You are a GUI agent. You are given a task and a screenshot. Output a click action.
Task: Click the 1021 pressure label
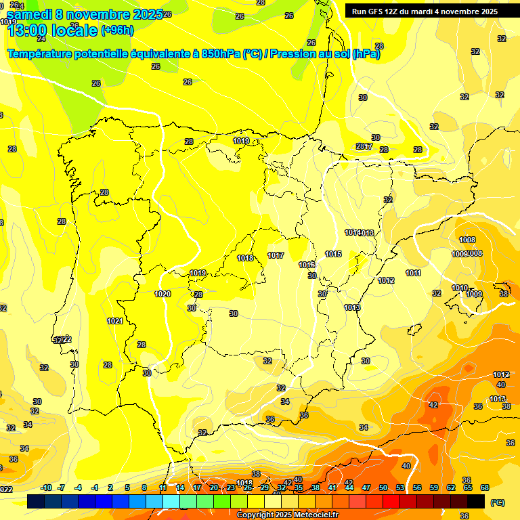click(x=114, y=321)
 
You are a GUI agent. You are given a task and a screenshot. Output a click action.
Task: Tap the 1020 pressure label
click(x=162, y=294)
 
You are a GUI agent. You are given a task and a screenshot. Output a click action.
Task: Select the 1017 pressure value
click(x=276, y=255)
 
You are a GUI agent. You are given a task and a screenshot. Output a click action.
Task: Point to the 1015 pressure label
click(x=333, y=254)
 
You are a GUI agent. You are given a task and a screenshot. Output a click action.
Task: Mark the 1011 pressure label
click(x=414, y=273)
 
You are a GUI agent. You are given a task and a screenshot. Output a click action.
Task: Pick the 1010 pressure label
click(x=460, y=288)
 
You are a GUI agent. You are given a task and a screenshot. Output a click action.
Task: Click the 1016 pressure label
click(x=307, y=265)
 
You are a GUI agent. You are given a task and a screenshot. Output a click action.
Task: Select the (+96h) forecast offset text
click(x=117, y=30)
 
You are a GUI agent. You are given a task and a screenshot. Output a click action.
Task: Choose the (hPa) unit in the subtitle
click(x=366, y=53)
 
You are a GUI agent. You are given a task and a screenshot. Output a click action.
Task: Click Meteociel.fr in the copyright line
click(x=311, y=515)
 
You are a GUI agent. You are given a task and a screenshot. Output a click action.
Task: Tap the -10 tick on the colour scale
click(x=46, y=487)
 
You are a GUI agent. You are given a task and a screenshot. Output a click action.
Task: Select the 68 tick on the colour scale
click(x=485, y=487)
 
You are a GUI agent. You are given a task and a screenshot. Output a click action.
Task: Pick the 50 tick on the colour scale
click(x=383, y=487)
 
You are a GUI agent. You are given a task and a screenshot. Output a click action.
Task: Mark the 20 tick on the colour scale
click(x=214, y=487)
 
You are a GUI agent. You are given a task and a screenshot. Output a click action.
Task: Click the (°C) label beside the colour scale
click(x=497, y=502)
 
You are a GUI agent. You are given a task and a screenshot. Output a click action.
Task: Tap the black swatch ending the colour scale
click(x=476, y=502)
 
